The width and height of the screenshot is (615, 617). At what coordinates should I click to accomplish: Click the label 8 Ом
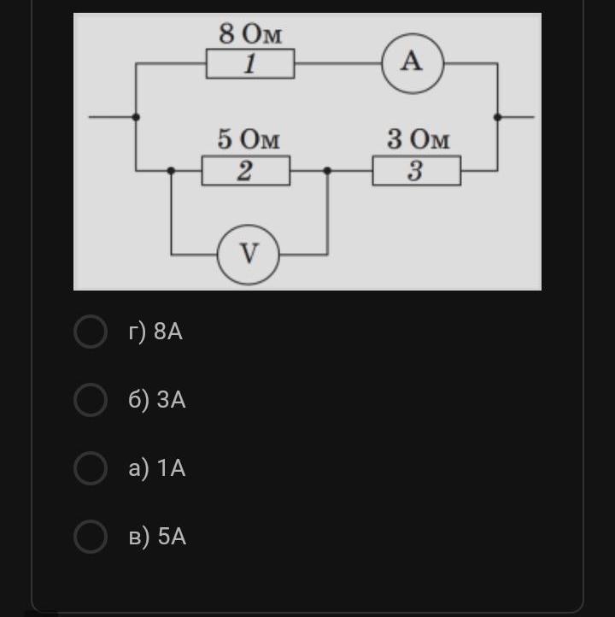coord(250,33)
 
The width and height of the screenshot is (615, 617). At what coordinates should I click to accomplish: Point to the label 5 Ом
coord(249,139)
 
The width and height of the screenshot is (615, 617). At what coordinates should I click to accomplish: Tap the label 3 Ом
coord(418,139)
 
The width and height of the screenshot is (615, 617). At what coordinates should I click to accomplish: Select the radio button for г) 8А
coord(91,332)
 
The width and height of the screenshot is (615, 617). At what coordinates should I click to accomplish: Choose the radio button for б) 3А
coord(91,400)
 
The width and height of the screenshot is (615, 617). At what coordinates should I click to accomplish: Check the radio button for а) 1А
coord(91,468)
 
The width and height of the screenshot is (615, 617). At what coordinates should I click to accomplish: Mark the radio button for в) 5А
coord(91,537)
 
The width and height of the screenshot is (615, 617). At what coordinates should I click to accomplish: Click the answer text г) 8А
coord(155,332)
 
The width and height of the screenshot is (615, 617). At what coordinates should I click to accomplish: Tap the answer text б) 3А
coord(157,400)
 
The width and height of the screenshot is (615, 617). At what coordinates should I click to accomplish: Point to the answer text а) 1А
coord(157,468)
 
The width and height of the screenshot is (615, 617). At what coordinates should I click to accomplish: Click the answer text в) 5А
coord(157,537)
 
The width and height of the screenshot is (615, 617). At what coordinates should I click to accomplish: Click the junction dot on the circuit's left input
coord(136,117)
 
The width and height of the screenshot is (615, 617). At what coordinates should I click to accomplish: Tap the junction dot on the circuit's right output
coord(497,117)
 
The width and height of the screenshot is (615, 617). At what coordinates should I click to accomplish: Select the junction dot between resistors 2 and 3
coord(327,170)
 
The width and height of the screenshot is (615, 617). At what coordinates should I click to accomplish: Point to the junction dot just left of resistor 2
coord(171,170)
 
